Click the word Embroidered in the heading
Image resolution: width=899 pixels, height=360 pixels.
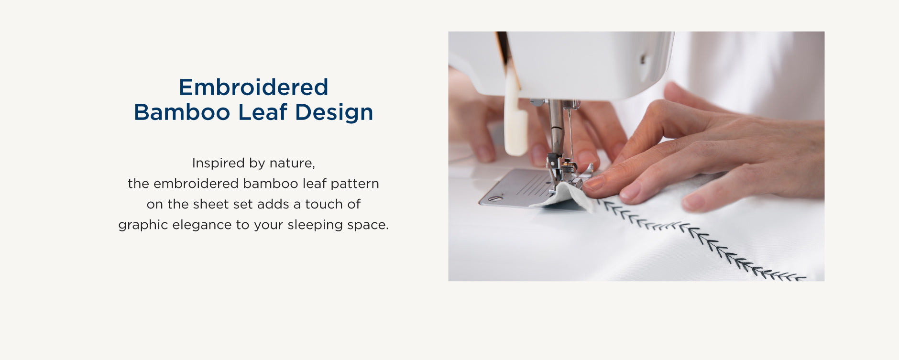[x=253, y=87]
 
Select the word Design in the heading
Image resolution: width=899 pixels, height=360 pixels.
[x=334, y=113]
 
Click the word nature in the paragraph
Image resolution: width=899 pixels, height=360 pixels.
[x=292, y=164]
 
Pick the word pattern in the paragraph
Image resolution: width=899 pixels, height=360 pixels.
[x=354, y=184]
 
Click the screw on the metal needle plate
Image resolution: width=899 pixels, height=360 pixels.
[x=495, y=198]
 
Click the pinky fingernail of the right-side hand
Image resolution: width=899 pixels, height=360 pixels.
[x=693, y=203]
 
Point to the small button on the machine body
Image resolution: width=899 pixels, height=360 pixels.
[x=643, y=59]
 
